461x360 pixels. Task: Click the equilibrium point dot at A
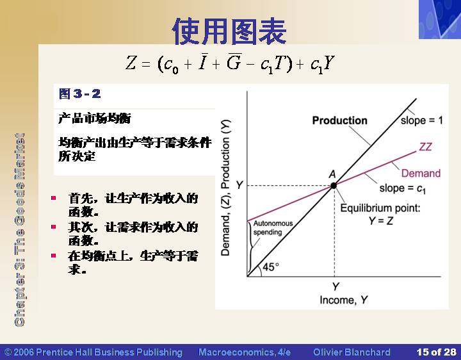[334, 186]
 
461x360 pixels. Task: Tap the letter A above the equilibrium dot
[332, 174]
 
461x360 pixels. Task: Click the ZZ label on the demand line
[425, 147]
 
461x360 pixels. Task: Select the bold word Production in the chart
[339, 120]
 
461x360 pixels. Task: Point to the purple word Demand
[421, 173]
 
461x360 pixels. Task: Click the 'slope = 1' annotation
[421, 120]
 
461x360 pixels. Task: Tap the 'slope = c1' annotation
[402, 188]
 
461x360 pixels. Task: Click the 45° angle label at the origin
[271, 266]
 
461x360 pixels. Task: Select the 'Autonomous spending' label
[273, 227]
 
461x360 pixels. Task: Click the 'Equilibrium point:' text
[380, 208]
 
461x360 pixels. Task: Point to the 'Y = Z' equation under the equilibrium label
[381, 220]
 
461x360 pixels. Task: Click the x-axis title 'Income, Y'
[343, 300]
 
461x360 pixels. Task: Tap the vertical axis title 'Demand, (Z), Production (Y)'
[225, 188]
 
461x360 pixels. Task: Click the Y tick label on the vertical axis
[239, 185]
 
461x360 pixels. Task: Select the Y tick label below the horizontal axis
[336, 286]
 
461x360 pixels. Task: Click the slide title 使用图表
[229, 31]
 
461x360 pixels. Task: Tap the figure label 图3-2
[79, 94]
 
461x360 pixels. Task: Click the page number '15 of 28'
[436, 352]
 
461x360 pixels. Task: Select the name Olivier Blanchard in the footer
[352, 352]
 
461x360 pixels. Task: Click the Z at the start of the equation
[131, 63]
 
